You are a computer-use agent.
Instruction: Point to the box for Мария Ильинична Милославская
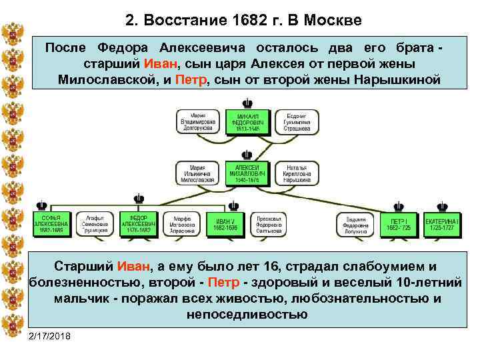[198, 172]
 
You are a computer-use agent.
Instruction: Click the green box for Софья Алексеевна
[51, 224]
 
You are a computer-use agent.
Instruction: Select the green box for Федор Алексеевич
[139, 224]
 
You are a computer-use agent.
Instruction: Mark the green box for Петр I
[400, 224]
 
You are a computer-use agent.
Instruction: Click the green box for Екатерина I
[442, 224]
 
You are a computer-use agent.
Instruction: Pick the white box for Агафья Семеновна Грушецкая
[95, 224]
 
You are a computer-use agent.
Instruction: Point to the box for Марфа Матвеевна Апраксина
[181, 224]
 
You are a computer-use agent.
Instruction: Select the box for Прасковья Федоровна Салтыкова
[269, 224]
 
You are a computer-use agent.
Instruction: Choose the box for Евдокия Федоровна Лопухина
[359, 224]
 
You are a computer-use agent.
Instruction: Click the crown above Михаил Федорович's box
[247, 103]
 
